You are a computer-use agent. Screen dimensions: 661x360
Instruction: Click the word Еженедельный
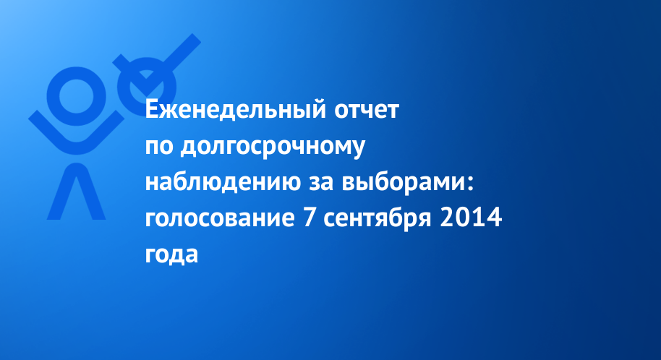pyautogui.click(x=236, y=111)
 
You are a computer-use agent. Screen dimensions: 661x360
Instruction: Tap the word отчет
pyautogui.click(x=367, y=111)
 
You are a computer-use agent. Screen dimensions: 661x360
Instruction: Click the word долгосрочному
pyautogui.click(x=273, y=147)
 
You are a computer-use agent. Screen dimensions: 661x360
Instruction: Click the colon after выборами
pyautogui.click(x=471, y=184)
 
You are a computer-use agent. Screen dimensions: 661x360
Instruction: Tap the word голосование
pyautogui.click(x=220, y=219)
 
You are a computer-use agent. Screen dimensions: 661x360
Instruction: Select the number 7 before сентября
pyautogui.click(x=309, y=218)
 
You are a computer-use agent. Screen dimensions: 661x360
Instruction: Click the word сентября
pyautogui.click(x=378, y=219)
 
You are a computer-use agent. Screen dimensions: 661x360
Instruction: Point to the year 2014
pyautogui.click(x=471, y=218)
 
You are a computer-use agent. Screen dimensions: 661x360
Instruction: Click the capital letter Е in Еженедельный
pyautogui.click(x=151, y=110)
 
